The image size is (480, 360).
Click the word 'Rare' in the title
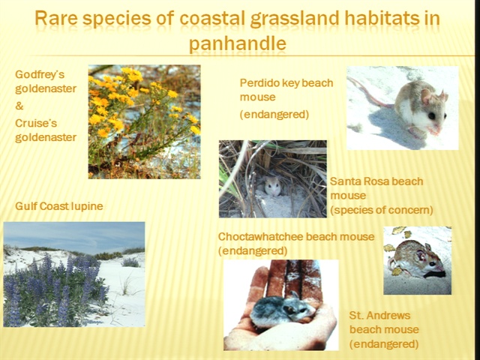click(55, 18)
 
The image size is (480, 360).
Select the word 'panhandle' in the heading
click(237, 43)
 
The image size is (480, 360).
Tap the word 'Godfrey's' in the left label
click(40, 74)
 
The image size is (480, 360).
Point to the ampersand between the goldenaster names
click(19, 106)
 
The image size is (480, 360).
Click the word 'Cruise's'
click(36, 123)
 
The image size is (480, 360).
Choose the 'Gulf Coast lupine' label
click(59, 206)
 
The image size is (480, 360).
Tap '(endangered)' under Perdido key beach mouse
click(274, 114)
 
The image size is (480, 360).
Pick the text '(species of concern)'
click(382, 210)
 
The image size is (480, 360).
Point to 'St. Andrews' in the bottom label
click(379, 315)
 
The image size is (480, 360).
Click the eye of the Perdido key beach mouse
click(432, 116)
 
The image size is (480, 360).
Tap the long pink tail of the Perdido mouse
click(370, 91)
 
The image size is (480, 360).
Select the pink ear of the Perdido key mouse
click(425, 97)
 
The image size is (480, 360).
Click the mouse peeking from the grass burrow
click(273, 185)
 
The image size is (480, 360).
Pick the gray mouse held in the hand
click(282, 310)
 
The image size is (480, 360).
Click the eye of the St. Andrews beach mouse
click(431, 263)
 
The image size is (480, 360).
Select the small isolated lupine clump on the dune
click(130, 262)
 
